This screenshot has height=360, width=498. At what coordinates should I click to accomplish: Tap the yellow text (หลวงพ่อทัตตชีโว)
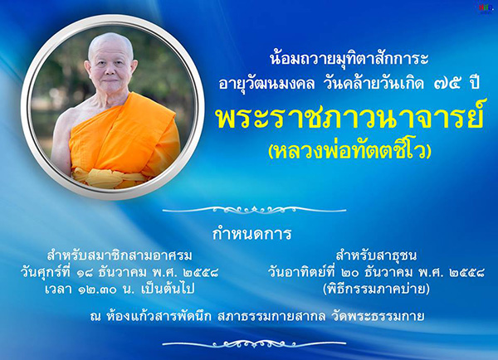point(349,150)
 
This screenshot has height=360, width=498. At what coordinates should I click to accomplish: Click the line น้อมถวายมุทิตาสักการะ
point(349,58)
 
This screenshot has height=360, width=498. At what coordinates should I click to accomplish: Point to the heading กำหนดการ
point(251,233)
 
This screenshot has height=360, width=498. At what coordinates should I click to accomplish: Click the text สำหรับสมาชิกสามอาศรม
point(120,255)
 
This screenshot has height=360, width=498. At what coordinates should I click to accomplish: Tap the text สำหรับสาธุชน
point(376,255)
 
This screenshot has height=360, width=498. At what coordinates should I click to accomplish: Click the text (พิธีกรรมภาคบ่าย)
point(376,289)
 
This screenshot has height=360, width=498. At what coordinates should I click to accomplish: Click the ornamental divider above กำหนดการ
point(254,210)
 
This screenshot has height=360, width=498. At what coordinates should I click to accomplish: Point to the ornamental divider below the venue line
point(254,343)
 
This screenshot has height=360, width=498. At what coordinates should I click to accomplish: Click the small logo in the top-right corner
point(486,8)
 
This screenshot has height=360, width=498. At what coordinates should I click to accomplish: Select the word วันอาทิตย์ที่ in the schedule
point(302,272)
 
